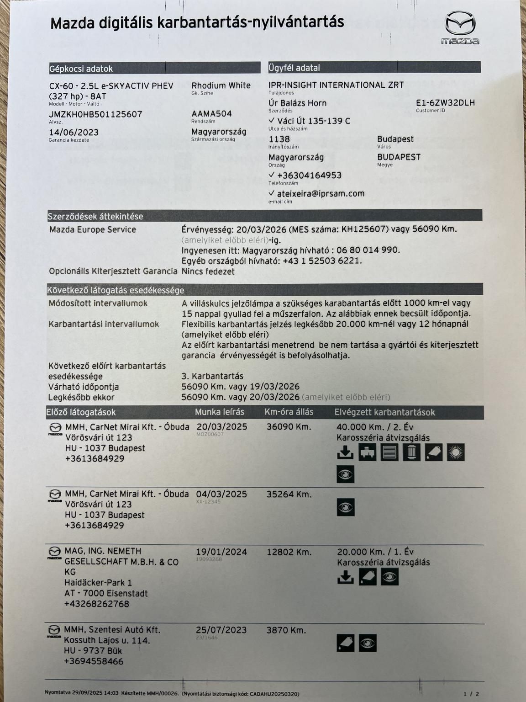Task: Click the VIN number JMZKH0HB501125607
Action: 95,114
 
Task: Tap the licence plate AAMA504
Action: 211,114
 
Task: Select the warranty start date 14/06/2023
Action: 74,133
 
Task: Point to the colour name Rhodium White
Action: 221,85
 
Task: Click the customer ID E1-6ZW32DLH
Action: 445,103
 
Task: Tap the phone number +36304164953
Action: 309,175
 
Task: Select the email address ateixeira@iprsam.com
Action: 321,194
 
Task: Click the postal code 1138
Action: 279,139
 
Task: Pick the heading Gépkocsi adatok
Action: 81,69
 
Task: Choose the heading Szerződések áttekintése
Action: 95,217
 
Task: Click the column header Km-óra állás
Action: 289,412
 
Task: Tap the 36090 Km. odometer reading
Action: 289,427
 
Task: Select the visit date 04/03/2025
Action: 221,494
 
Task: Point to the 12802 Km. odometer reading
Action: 289,552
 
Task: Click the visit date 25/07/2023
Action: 221,630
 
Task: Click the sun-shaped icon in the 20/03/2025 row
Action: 455,452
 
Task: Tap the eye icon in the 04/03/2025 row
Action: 346,508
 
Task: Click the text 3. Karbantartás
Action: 212,377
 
